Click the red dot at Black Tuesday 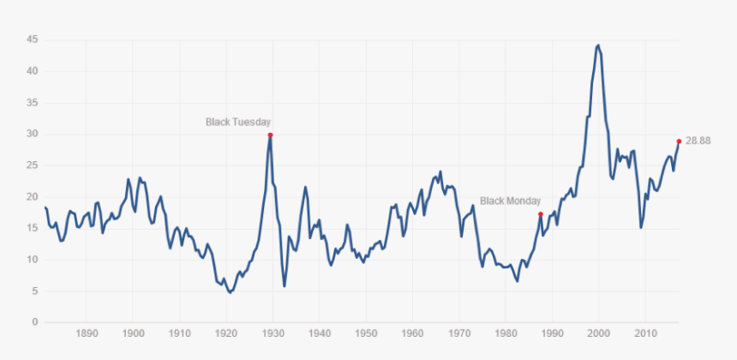click(270, 135)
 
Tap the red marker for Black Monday click(541, 213)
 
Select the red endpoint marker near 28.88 click(679, 141)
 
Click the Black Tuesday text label click(238, 122)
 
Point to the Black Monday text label click(509, 201)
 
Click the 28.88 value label click(698, 141)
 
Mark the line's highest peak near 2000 click(597, 45)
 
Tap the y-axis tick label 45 click(31, 39)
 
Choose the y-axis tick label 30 click(31, 134)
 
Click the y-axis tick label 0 click(34, 322)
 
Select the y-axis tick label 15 click(31, 228)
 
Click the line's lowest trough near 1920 click(230, 292)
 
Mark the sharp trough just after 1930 click(285, 285)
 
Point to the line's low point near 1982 click(517, 280)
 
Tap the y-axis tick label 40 click(31, 71)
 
